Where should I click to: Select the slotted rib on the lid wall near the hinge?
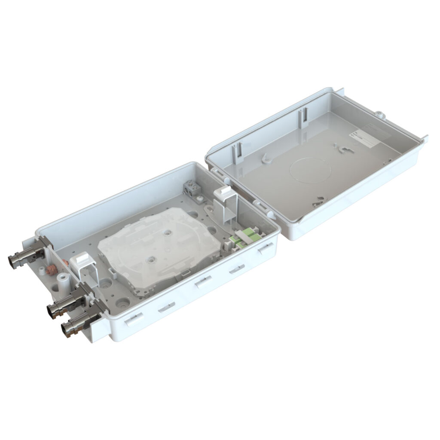point(236,152)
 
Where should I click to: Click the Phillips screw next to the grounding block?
point(200,198)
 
